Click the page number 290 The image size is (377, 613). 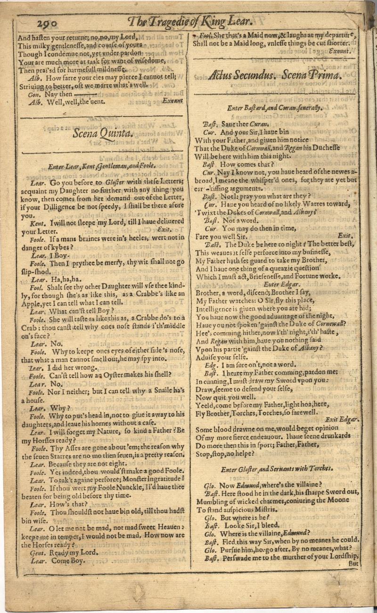pyautogui.click(x=44, y=21)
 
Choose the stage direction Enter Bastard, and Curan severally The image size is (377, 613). pyautogui.click(x=275, y=108)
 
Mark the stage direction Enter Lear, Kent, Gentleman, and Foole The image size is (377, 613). pyautogui.click(x=101, y=166)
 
